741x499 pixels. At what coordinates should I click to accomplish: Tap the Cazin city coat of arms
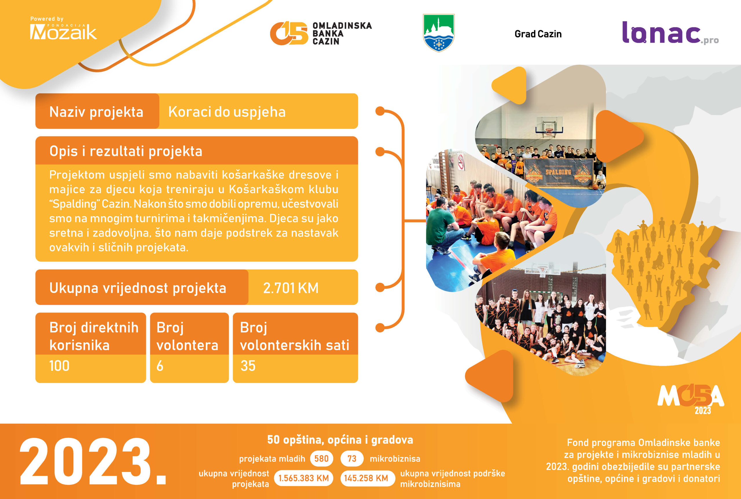point(439,32)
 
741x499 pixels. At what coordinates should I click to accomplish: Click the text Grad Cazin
point(538,34)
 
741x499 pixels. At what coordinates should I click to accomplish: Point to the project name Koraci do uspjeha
point(227,112)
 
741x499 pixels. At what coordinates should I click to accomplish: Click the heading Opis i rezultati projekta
point(126,151)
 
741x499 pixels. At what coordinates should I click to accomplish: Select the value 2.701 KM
point(291,288)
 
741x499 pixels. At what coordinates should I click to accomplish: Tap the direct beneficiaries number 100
point(59,366)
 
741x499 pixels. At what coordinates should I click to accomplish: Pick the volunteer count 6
point(160,366)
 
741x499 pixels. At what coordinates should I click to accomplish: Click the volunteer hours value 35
point(248,366)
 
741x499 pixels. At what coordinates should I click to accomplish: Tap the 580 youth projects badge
point(321,459)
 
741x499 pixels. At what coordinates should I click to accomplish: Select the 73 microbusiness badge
point(352,459)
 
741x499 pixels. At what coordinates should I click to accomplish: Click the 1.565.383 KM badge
point(303,478)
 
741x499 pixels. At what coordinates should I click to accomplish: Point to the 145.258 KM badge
point(366,478)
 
